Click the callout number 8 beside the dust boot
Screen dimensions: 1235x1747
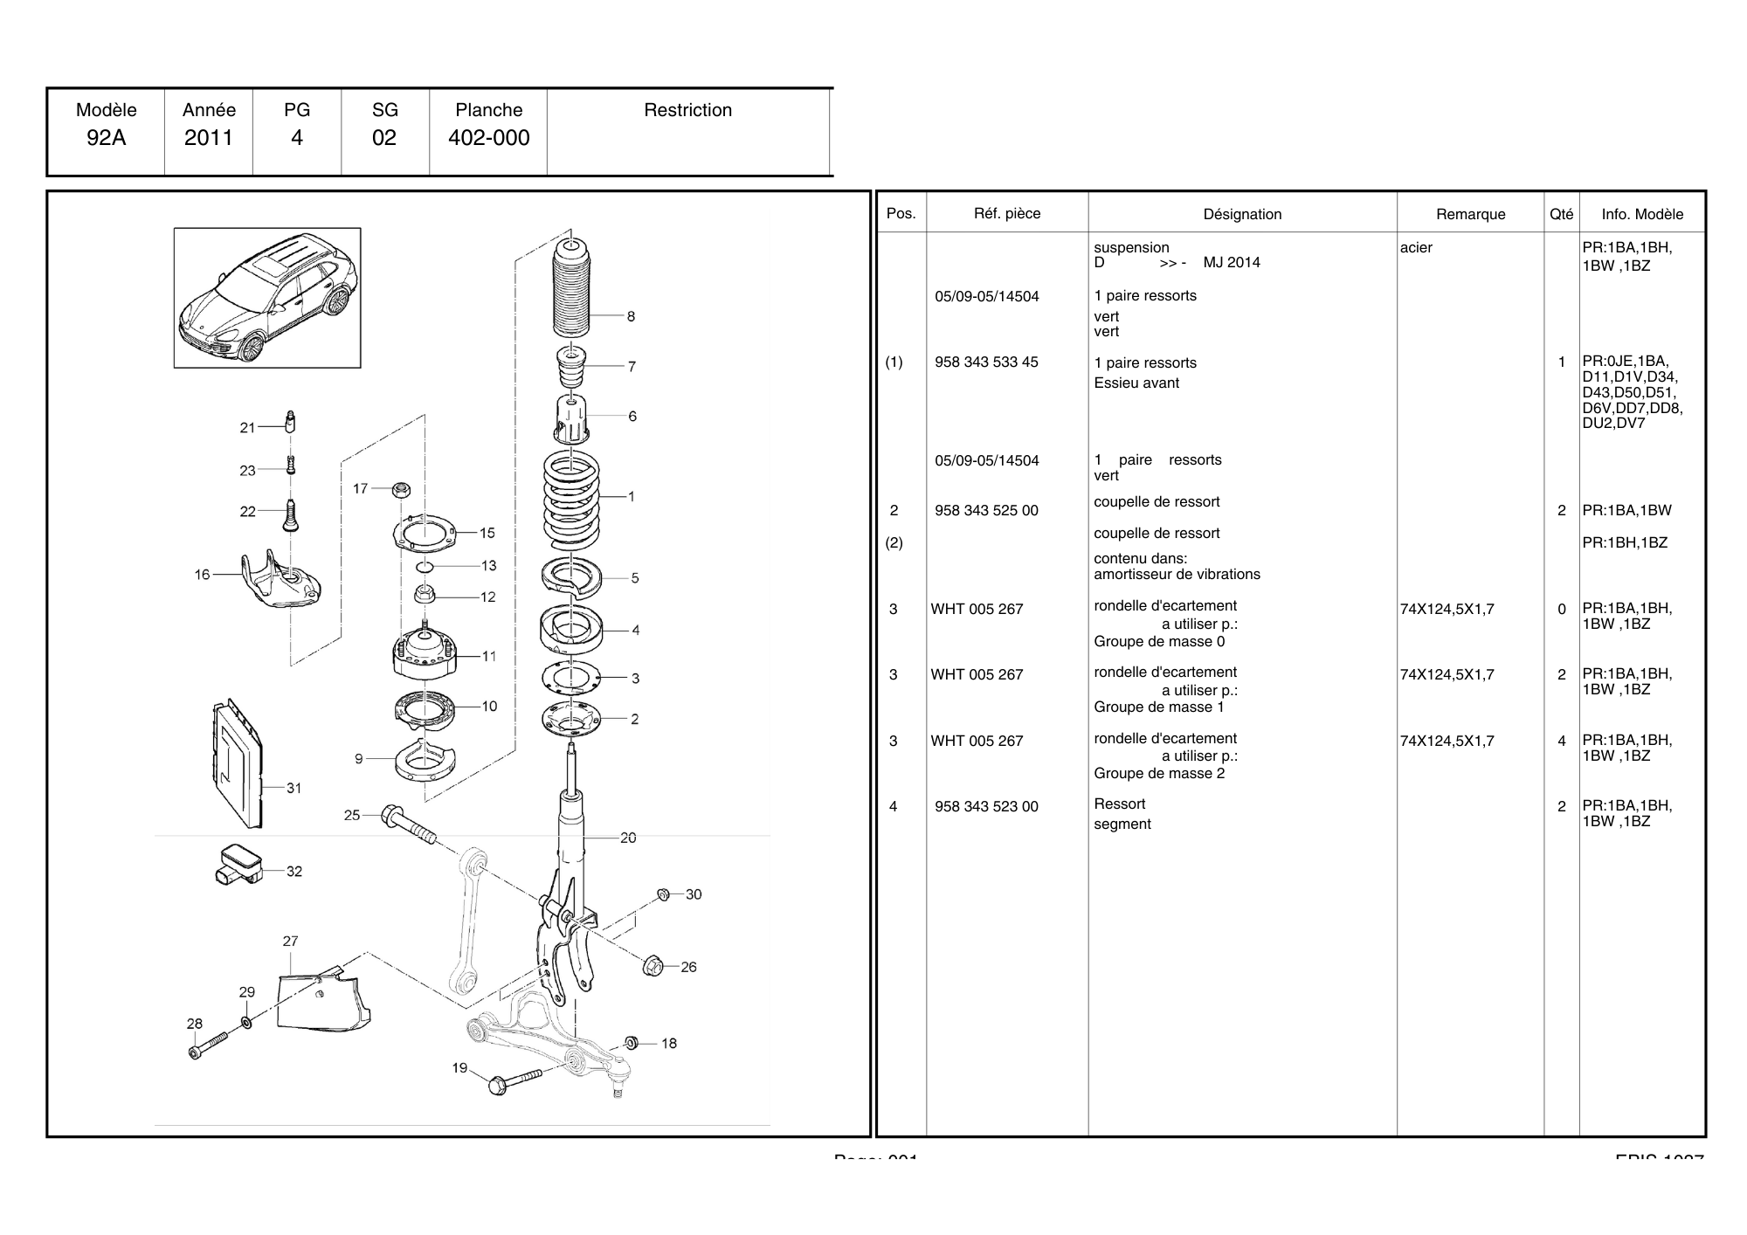pyautogui.click(x=631, y=317)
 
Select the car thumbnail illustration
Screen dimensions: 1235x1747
pyautogui.click(x=267, y=298)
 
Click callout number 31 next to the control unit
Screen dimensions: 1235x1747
pyautogui.click(x=294, y=788)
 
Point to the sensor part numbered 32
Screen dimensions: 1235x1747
pyautogui.click(x=237, y=864)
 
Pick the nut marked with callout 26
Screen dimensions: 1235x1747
pyautogui.click(x=652, y=966)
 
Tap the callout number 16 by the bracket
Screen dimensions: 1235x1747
pyautogui.click(x=203, y=575)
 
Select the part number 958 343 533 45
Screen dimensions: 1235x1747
pyautogui.click(x=986, y=362)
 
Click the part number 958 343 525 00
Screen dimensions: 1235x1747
pyautogui.click(x=986, y=511)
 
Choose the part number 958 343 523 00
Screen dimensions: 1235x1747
pyautogui.click(x=986, y=807)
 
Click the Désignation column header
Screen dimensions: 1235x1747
pyautogui.click(x=1242, y=214)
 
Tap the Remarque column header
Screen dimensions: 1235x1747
pyautogui.click(x=1470, y=214)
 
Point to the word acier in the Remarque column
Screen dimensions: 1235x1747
pyautogui.click(x=1416, y=248)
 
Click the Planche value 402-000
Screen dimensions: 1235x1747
pyautogui.click(x=488, y=138)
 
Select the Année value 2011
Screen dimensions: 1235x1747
pyautogui.click(x=209, y=138)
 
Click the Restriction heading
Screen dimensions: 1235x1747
pyautogui.click(x=687, y=110)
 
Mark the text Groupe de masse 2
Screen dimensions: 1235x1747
pyautogui.click(x=1159, y=774)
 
